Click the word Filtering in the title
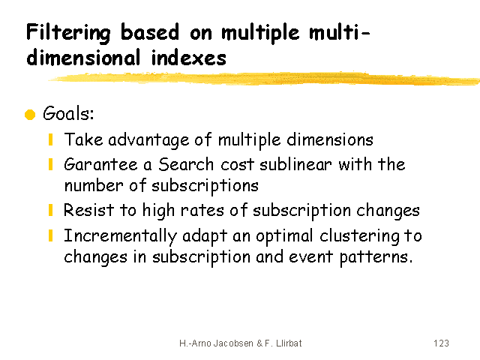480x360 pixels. (x=68, y=33)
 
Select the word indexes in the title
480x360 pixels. (x=189, y=57)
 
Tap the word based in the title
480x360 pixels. (x=150, y=31)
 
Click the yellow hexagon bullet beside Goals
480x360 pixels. (x=30, y=115)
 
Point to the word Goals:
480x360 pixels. (x=68, y=113)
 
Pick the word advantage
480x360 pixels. (x=148, y=140)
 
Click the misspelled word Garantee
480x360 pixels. (x=100, y=164)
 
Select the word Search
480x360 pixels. (x=186, y=164)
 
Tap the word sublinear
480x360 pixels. (x=295, y=164)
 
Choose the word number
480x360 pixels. (x=94, y=185)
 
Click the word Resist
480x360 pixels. (x=88, y=210)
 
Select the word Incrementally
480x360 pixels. (x=120, y=236)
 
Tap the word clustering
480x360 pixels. (x=359, y=236)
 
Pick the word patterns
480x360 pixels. (x=376, y=257)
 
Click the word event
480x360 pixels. (x=310, y=256)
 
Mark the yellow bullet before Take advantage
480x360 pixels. (x=51, y=139)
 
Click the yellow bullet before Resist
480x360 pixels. (x=51, y=210)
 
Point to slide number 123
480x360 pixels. (x=441, y=343)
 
